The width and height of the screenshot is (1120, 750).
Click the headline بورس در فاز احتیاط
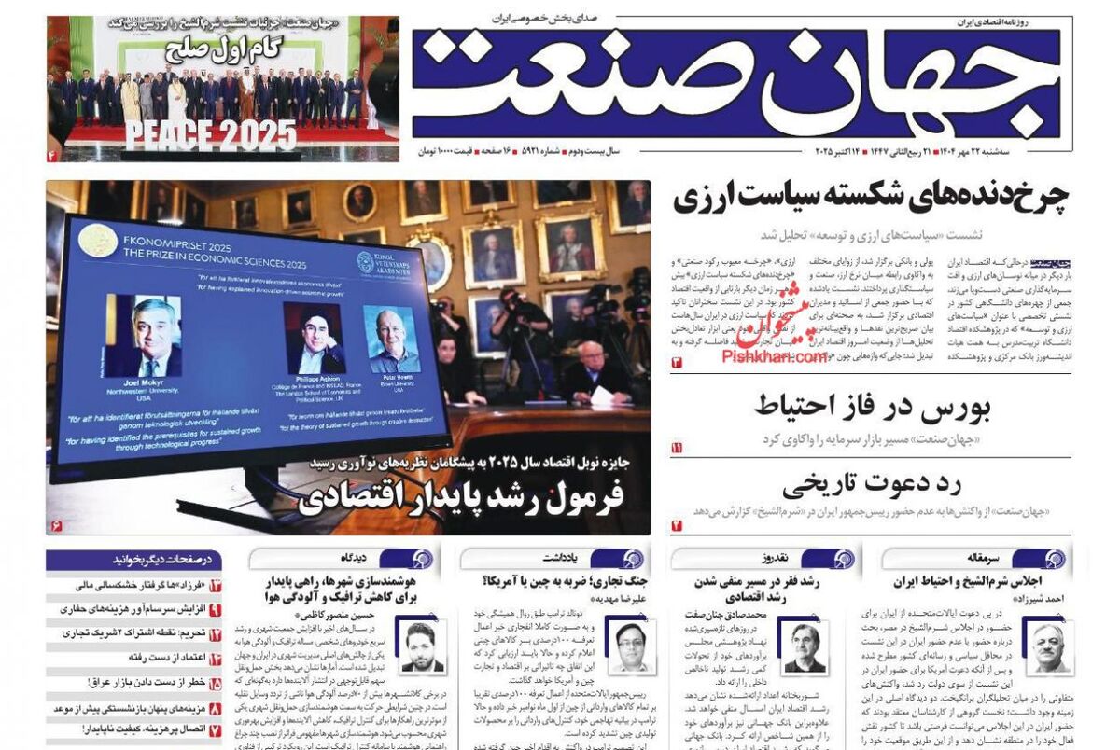click(x=873, y=408)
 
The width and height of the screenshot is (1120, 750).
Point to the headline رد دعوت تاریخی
click(x=874, y=484)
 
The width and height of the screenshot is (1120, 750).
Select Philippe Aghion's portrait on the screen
click(x=314, y=337)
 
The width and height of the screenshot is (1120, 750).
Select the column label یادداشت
click(x=586, y=559)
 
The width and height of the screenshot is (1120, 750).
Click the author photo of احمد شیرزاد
click(x=1048, y=647)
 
